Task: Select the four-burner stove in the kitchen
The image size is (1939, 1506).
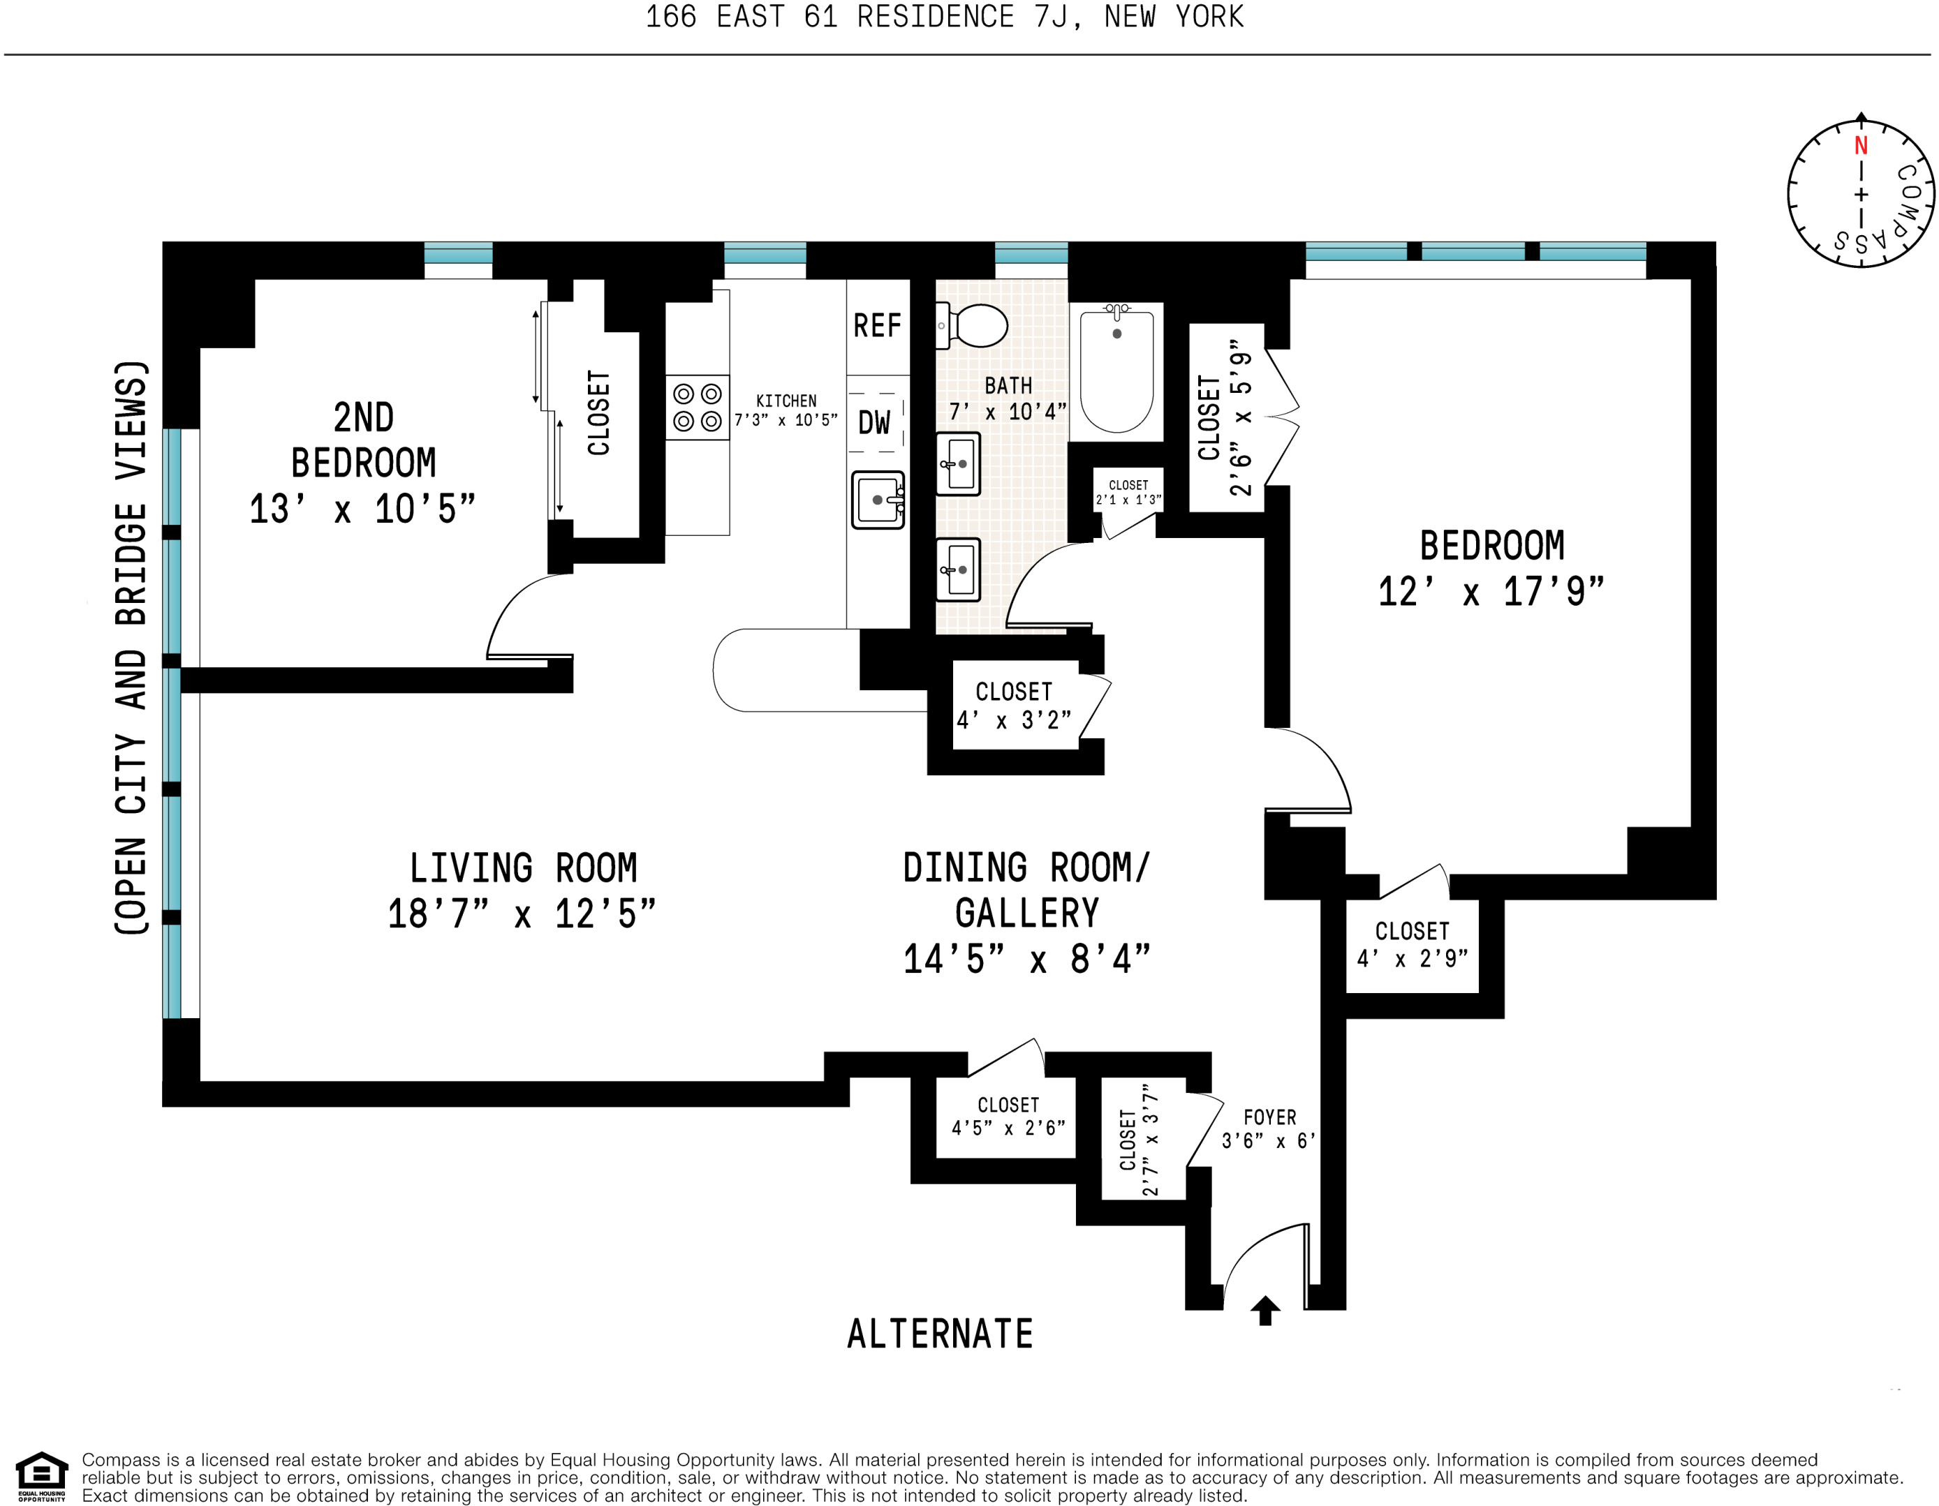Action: point(697,408)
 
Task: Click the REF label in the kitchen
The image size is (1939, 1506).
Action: point(877,326)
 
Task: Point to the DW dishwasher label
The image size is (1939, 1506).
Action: point(873,422)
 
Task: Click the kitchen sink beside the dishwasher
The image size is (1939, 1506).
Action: point(878,500)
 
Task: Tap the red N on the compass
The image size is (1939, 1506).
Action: point(1861,146)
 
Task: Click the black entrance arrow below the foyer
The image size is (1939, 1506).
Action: point(1265,1310)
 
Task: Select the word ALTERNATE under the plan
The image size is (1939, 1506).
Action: point(941,1334)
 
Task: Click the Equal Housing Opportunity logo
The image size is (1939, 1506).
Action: point(42,1476)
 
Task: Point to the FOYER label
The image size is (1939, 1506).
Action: point(1269,1117)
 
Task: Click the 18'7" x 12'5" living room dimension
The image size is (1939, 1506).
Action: point(522,914)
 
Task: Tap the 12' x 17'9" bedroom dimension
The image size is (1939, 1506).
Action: point(1491,592)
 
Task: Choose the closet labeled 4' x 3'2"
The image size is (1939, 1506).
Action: point(1015,706)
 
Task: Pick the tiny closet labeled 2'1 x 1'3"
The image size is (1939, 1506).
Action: point(1128,491)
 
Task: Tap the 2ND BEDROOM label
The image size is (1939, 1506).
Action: point(363,440)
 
